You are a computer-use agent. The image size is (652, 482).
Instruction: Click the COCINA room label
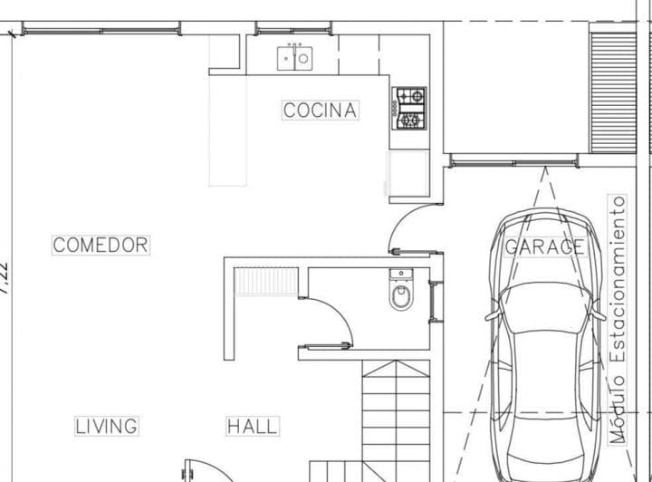[321, 111]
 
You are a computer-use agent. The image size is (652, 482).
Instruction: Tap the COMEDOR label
[100, 245]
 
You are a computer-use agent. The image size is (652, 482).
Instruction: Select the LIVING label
[106, 426]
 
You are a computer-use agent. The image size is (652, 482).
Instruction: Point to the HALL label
[253, 426]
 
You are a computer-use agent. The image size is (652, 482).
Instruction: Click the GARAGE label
[544, 246]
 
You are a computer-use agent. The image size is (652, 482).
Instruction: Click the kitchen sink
[295, 58]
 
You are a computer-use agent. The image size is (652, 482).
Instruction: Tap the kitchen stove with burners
[408, 108]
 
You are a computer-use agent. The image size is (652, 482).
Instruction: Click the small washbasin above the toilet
[400, 274]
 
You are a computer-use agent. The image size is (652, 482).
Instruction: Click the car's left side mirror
[492, 315]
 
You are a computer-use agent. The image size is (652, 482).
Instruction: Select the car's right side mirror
[598, 315]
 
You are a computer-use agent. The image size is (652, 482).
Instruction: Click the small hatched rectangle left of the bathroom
[266, 282]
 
